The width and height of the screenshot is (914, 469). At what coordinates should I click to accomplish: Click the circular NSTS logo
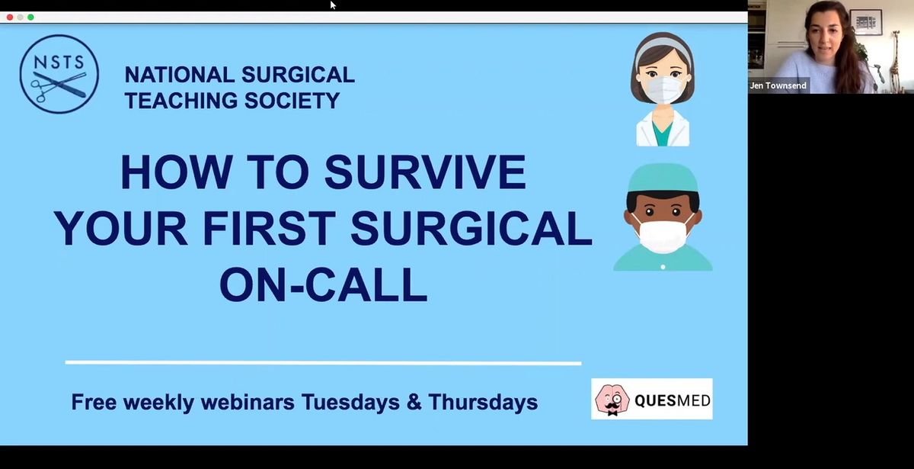click(x=59, y=74)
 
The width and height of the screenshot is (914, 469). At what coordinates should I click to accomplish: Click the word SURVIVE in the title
click(x=425, y=172)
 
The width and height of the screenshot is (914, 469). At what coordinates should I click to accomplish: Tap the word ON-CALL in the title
click(x=324, y=284)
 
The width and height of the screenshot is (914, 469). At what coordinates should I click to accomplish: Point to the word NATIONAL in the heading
click(x=180, y=75)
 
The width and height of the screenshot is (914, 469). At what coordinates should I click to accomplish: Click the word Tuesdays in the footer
click(x=350, y=402)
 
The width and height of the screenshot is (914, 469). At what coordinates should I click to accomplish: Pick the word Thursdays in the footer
click(x=483, y=402)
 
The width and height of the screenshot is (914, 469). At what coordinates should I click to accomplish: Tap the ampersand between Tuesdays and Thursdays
click(x=414, y=402)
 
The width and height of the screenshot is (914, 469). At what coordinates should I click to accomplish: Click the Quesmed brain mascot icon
click(x=612, y=400)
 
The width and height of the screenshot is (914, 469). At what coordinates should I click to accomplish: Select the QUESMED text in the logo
click(x=673, y=400)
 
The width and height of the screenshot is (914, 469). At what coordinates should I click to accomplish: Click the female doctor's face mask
click(x=663, y=90)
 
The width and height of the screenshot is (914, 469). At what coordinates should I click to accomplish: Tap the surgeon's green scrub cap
click(x=663, y=178)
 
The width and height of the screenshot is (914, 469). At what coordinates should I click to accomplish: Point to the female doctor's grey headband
click(x=663, y=48)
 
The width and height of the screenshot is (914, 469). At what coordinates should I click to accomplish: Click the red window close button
click(x=10, y=17)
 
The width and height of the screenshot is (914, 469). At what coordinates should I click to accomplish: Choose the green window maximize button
click(x=30, y=17)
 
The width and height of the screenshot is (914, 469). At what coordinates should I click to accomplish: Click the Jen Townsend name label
click(x=778, y=85)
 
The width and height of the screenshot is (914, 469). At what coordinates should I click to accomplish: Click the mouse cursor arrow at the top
click(x=333, y=5)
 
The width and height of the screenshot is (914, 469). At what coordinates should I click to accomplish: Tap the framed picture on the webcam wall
click(x=866, y=22)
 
